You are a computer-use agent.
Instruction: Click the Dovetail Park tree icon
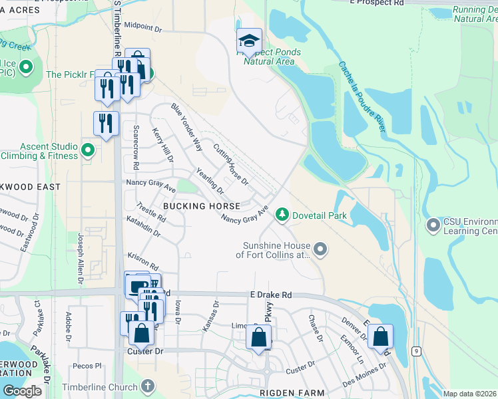coord(283,215)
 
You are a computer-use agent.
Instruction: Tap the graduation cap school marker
coord(249,41)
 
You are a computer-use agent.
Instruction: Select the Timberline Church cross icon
coord(148,386)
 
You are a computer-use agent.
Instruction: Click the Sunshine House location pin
coord(321,249)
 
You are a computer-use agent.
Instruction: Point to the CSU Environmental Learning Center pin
coord(433,226)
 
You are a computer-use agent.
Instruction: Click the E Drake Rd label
coord(271,295)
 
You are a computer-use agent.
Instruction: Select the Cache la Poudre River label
coord(362,96)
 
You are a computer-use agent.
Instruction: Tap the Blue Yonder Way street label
coord(186,127)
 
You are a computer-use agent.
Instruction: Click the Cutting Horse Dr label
coord(230,164)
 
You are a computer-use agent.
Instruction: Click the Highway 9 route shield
coord(416,350)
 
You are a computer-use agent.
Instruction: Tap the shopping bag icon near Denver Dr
coord(380,336)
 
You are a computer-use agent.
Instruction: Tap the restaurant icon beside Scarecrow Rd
coord(106,124)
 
